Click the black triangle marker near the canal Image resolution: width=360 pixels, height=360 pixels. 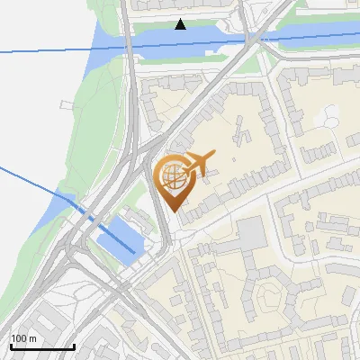point(181,24)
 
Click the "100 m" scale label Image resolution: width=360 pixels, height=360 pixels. point(23,338)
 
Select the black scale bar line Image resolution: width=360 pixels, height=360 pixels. point(41,346)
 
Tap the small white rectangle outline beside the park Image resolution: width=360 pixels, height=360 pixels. point(64,105)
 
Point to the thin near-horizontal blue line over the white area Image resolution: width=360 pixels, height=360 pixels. point(45,50)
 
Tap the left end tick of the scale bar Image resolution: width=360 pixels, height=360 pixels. point(10,346)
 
